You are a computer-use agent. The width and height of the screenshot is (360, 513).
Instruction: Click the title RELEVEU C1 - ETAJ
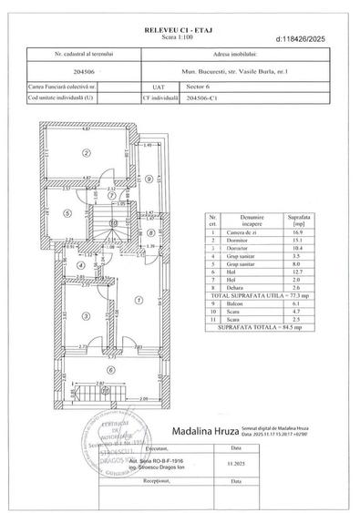pyautogui.click(x=180, y=31)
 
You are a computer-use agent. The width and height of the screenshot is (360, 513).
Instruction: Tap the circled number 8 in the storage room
pyautogui.click(x=150, y=232)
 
